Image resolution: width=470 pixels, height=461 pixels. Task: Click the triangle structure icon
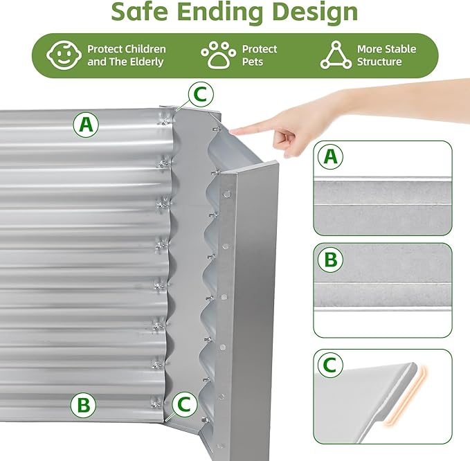click(336, 55)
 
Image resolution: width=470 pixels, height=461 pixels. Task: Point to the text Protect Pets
click(259, 55)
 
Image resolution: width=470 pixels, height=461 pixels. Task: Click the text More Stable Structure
click(386, 55)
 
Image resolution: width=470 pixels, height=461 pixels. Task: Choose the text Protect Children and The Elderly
click(126, 55)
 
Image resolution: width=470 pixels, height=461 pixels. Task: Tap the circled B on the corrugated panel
click(83, 404)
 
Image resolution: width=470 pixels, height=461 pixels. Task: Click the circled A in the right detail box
click(330, 157)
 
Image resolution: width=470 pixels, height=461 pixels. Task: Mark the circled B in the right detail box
click(330, 260)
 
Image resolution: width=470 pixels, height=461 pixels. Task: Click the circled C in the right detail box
click(330, 365)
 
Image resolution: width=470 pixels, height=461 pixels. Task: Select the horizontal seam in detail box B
click(382, 283)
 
